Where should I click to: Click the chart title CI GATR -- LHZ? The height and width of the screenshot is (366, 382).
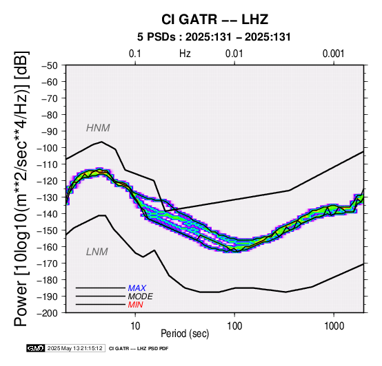(x=214, y=19)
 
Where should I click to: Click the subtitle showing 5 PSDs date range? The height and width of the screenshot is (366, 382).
(x=214, y=37)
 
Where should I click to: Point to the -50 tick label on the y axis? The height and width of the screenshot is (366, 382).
(x=49, y=65)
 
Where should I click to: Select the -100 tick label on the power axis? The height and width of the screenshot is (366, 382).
(x=47, y=148)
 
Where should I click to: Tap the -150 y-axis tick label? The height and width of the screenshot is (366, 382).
(x=47, y=230)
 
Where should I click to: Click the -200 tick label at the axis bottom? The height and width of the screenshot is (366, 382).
(x=47, y=313)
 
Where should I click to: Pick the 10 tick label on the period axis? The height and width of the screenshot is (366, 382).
(x=135, y=325)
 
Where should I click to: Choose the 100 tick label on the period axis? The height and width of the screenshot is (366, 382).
(x=234, y=325)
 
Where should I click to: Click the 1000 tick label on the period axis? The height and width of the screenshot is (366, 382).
(x=334, y=325)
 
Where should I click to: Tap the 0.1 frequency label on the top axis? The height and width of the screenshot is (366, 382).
(x=135, y=54)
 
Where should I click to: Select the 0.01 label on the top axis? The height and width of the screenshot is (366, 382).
(x=234, y=54)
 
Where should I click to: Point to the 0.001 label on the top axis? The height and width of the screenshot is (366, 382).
(x=333, y=54)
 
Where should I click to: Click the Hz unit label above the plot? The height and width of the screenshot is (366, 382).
(x=185, y=54)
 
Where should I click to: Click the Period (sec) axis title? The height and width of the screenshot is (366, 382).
(x=185, y=334)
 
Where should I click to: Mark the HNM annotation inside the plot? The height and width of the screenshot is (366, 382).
(x=98, y=128)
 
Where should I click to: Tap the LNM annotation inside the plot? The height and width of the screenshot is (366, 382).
(x=97, y=252)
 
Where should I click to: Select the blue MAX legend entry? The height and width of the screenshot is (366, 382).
(x=137, y=288)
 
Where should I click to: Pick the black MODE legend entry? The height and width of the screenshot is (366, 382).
(x=141, y=297)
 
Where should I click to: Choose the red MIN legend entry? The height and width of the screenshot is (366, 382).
(x=135, y=305)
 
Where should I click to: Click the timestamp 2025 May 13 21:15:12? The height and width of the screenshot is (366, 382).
(x=74, y=349)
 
